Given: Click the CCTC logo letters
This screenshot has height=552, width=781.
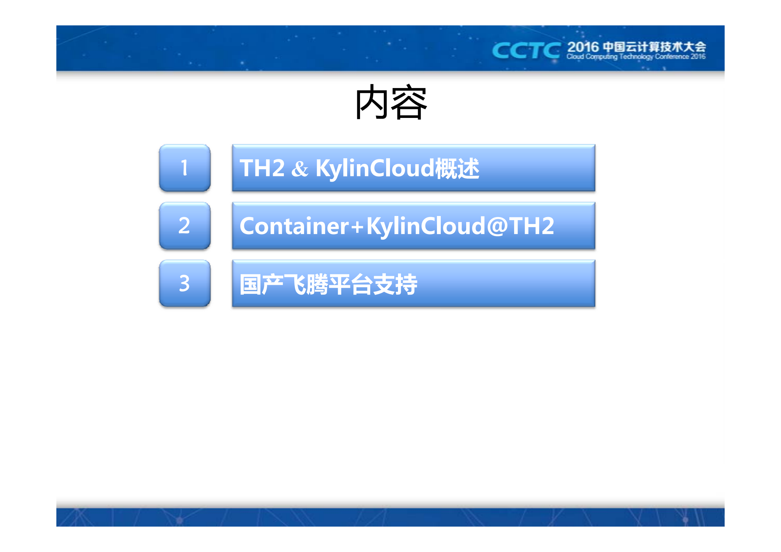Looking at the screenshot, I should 526,51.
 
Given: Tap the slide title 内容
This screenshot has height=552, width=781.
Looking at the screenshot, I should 391,102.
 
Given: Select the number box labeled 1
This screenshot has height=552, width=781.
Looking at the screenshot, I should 185,168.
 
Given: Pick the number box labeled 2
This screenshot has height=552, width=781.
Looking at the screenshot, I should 185,226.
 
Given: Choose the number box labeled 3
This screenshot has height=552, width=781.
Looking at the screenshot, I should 185,283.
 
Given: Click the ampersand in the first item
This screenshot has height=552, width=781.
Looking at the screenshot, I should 300,169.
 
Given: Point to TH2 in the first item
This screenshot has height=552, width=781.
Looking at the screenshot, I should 262,168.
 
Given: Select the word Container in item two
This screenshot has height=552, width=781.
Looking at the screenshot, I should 294,226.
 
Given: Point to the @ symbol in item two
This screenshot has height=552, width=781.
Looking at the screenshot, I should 497,226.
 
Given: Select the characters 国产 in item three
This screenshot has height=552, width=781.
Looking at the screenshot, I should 261,285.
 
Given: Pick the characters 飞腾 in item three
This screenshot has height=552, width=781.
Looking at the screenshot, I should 306,285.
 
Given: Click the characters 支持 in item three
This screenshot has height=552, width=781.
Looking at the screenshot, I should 395,285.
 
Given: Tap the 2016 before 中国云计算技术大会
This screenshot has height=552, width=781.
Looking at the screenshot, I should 583,47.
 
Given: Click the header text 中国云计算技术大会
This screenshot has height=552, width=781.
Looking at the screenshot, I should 654,47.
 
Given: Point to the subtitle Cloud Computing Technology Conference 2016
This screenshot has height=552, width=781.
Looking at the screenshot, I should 636,57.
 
